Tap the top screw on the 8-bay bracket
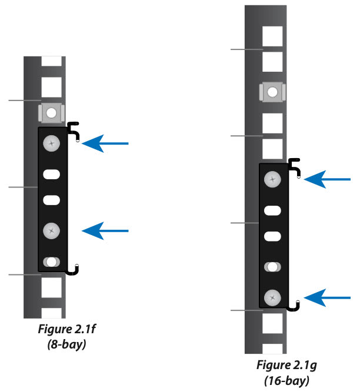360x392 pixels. [52, 143]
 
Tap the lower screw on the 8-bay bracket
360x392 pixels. [52, 231]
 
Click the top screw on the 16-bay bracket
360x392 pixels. [272, 180]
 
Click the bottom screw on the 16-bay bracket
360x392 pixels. [272, 298]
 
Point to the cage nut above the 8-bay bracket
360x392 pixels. [51, 112]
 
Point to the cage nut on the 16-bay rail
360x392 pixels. [272, 92]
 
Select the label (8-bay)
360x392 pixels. [66, 346]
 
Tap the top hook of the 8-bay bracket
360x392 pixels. [74, 129]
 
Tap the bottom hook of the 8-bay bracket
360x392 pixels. [74, 270]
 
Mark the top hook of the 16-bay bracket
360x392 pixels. [295, 166]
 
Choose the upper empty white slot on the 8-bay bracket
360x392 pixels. [52, 174]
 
